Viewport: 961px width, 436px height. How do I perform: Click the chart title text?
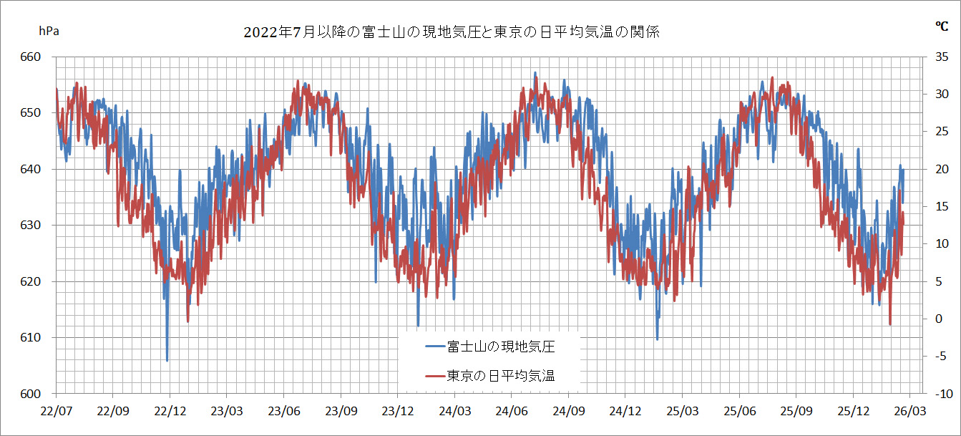pos(450,32)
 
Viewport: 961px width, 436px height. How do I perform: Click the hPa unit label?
pos(49,31)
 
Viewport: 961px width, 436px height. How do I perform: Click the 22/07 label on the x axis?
pos(56,412)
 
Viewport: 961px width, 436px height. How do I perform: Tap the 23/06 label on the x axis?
pos(283,412)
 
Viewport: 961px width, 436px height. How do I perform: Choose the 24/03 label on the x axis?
pos(454,412)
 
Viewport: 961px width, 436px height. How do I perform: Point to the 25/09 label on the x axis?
pos(796,412)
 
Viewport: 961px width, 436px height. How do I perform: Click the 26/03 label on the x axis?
pos(909,412)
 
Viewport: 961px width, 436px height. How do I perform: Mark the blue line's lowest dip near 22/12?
pos(167,361)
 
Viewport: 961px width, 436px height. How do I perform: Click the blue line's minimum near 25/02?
pos(657,339)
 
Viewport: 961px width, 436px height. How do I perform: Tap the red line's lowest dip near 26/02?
pos(890,324)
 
